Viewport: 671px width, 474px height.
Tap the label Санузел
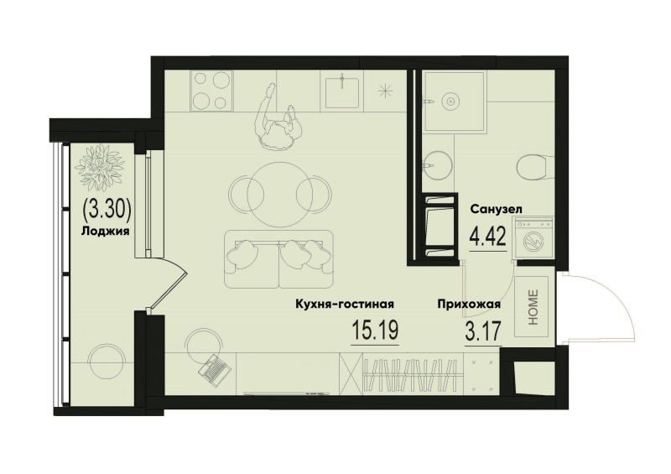point(497,210)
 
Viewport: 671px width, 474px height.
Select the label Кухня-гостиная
point(345,305)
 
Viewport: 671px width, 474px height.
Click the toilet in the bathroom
point(532,168)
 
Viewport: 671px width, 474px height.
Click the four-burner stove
point(211,91)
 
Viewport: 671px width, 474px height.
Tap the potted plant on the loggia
point(101,165)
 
